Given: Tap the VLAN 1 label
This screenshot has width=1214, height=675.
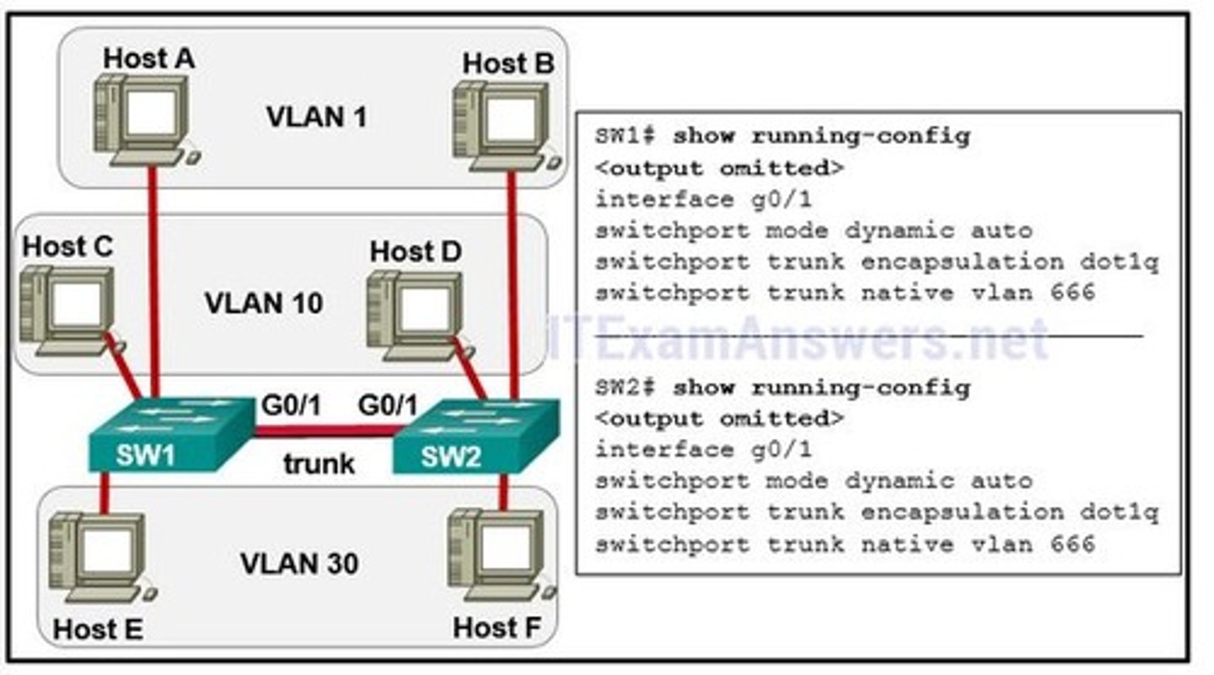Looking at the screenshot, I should [316, 116].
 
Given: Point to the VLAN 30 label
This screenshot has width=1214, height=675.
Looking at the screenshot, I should [300, 564].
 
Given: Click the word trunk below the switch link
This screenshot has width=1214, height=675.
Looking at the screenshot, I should [319, 463].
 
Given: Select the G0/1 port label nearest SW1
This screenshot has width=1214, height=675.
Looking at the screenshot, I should [291, 405].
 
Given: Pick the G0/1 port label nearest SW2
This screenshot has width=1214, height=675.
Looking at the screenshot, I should [388, 405].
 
